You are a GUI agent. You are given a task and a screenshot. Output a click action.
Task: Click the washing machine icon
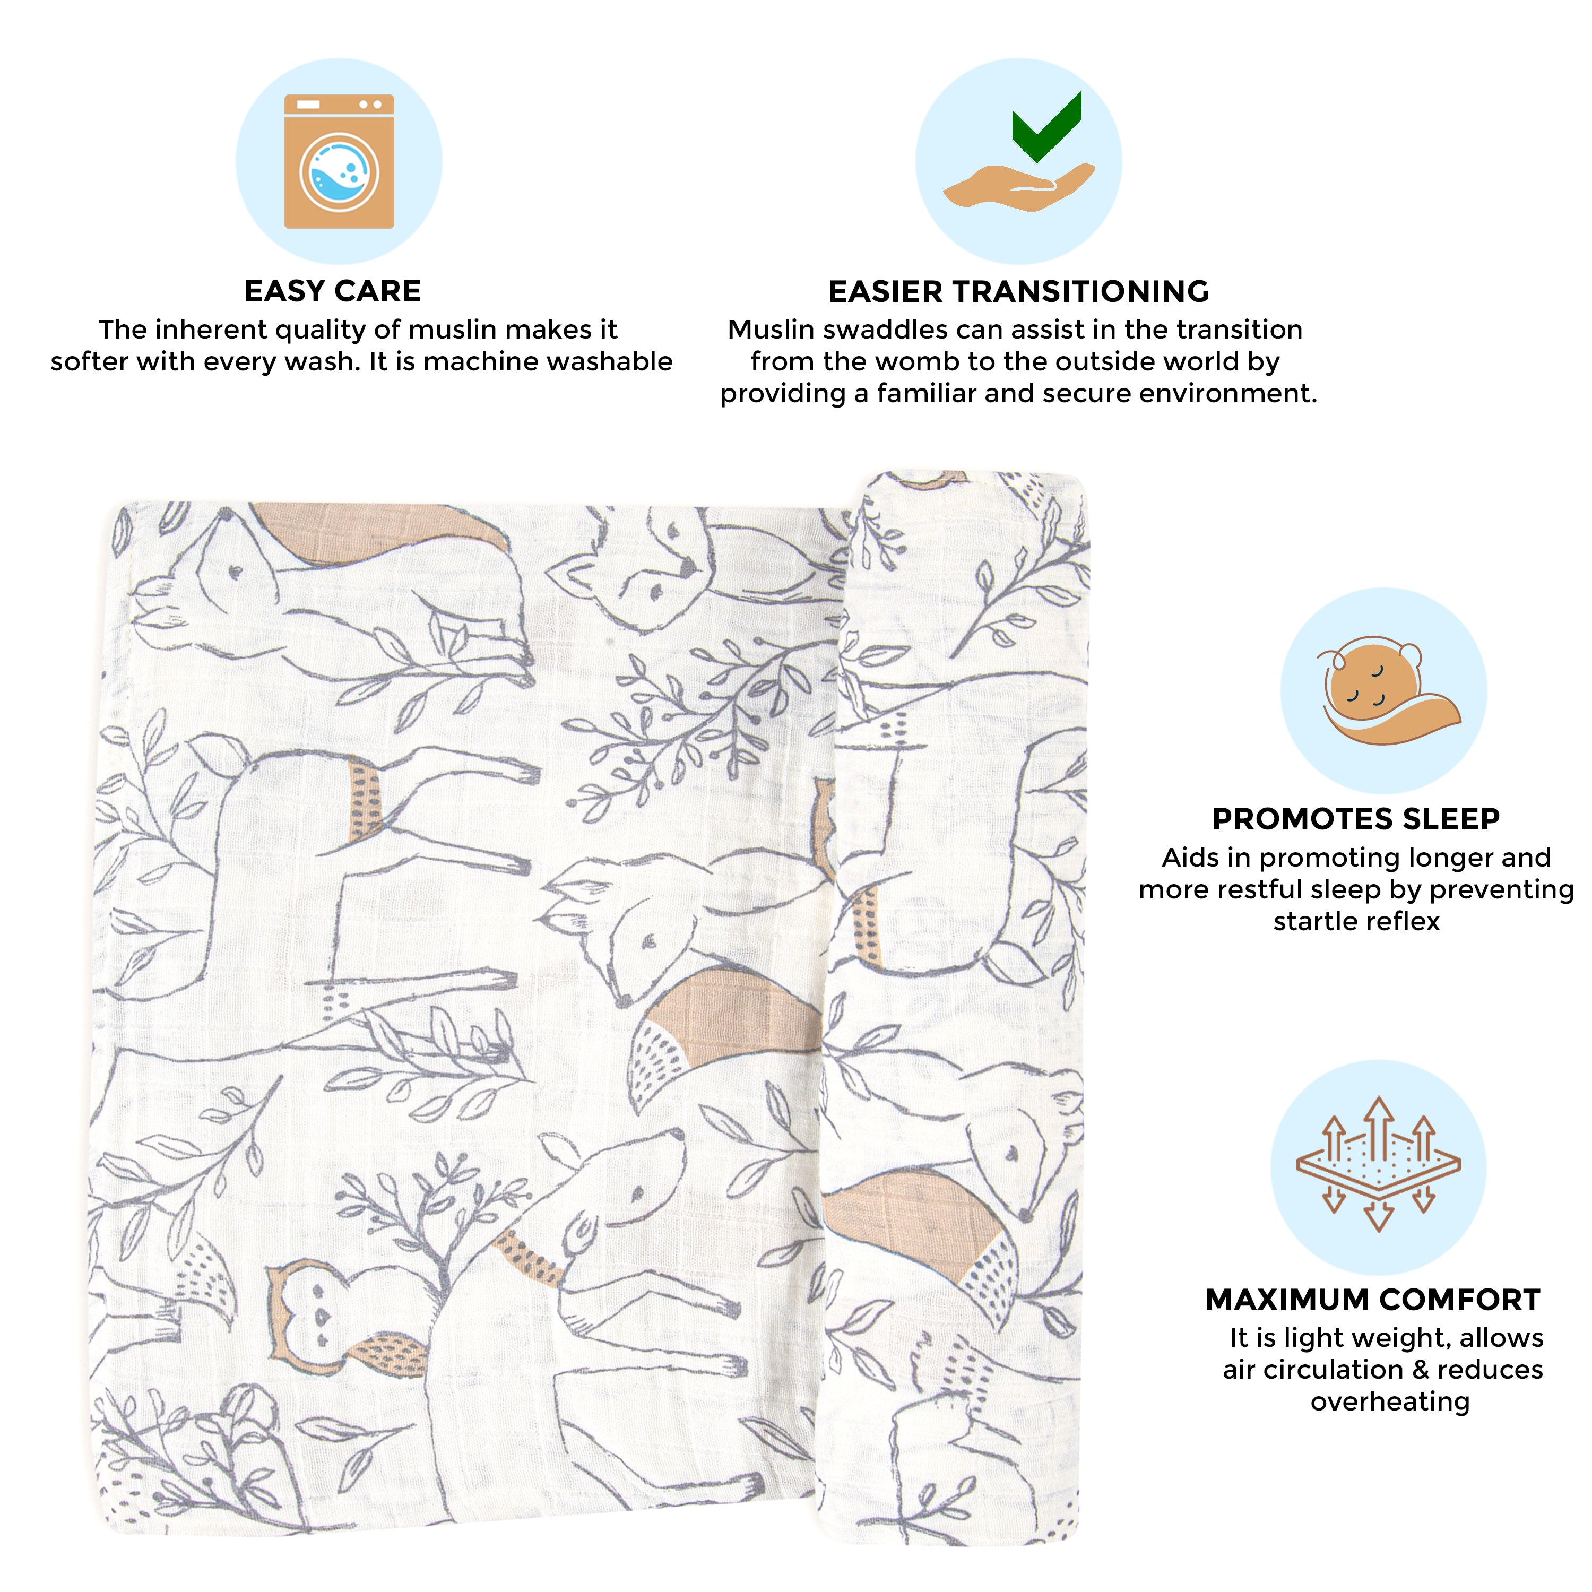click(339, 161)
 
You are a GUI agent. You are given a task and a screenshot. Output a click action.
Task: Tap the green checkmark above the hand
click(1046, 128)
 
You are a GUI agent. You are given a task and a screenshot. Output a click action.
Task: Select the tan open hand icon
click(1019, 186)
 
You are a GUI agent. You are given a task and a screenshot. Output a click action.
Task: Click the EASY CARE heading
click(333, 291)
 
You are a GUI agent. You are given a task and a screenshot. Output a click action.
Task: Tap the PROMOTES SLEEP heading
click(1355, 818)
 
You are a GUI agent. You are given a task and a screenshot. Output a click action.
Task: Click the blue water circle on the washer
click(339, 173)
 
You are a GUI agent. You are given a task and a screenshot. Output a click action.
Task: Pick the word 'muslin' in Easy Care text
click(453, 330)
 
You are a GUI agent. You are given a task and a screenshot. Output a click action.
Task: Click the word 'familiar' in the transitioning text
click(927, 394)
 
